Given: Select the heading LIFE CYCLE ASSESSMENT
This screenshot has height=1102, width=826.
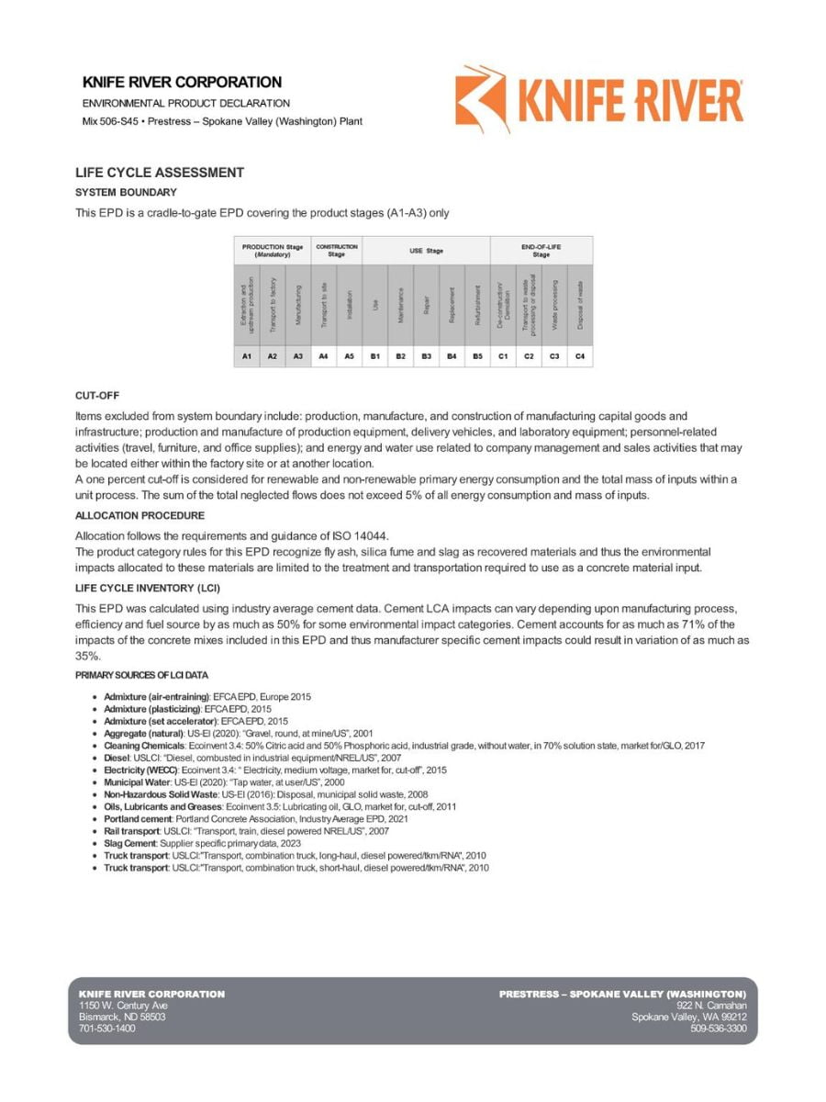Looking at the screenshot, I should click(x=160, y=173).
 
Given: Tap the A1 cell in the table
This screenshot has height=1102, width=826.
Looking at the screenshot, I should click(x=246, y=355).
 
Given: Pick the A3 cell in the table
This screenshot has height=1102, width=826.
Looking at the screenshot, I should click(x=297, y=355).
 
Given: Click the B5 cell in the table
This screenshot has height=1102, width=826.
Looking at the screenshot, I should click(x=477, y=355).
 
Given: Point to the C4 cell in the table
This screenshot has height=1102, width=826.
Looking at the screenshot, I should click(x=579, y=355).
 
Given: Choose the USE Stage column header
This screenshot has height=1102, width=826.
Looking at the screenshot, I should click(x=426, y=250).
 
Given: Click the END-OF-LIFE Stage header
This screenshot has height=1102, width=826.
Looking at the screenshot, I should click(x=541, y=250).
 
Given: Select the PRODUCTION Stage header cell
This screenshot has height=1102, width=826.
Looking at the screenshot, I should click(x=272, y=250).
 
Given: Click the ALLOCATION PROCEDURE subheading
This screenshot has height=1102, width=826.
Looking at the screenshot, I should click(x=140, y=515).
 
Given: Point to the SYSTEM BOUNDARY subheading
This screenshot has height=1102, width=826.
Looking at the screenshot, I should click(x=126, y=192).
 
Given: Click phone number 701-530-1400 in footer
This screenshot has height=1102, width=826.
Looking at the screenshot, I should click(x=107, y=1029).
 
